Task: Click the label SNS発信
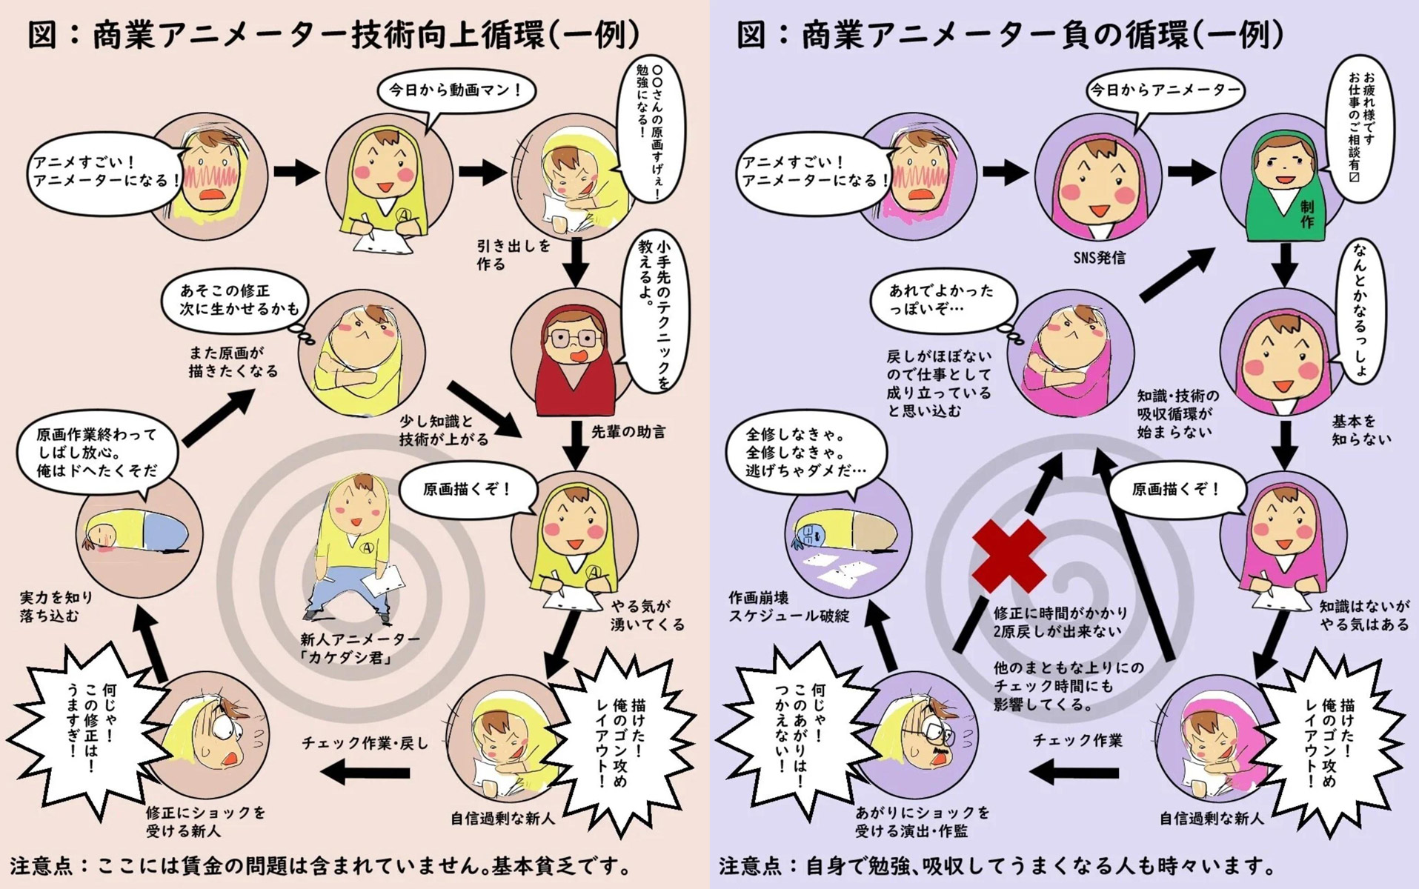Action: [x=1099, y=258]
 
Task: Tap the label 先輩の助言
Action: [x=628, y=431]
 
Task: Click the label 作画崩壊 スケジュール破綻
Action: [x=788, y=607]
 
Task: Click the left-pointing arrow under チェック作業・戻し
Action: [x=366, y=773]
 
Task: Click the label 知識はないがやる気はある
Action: [x=1364, y=615]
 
